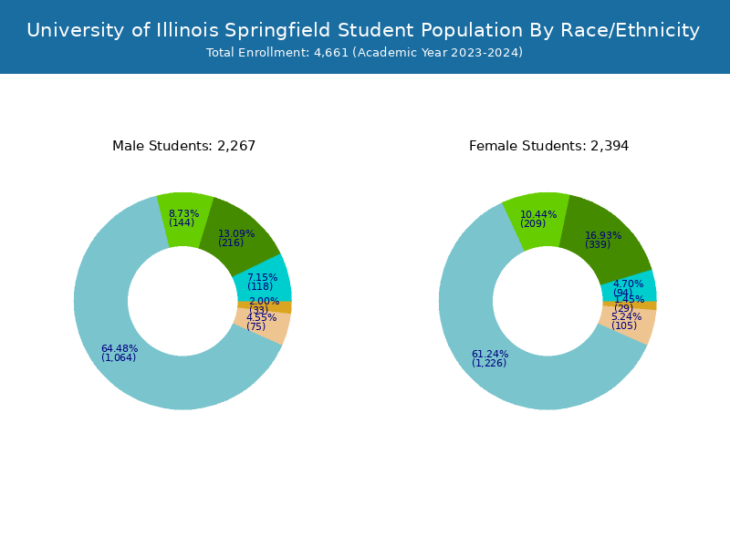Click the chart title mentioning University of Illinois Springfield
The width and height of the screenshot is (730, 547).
[363, 30]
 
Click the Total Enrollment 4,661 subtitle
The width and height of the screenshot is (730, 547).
[364, 53]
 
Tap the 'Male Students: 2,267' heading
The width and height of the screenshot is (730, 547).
[183, 146]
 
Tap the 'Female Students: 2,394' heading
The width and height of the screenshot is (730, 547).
[548, 146]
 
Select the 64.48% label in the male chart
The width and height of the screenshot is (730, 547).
[119, 348]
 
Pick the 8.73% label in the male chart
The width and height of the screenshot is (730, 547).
[183, 213]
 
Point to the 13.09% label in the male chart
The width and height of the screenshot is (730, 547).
[236, 233]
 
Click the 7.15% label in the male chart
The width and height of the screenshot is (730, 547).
[262, 277]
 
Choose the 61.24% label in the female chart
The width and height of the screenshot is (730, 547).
[490, 354]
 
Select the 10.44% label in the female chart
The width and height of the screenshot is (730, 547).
[538, 214]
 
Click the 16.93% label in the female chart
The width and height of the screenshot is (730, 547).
[603, 235]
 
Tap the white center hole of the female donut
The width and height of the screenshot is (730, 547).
[547, 301]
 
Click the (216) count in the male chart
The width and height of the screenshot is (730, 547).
[231, 243]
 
